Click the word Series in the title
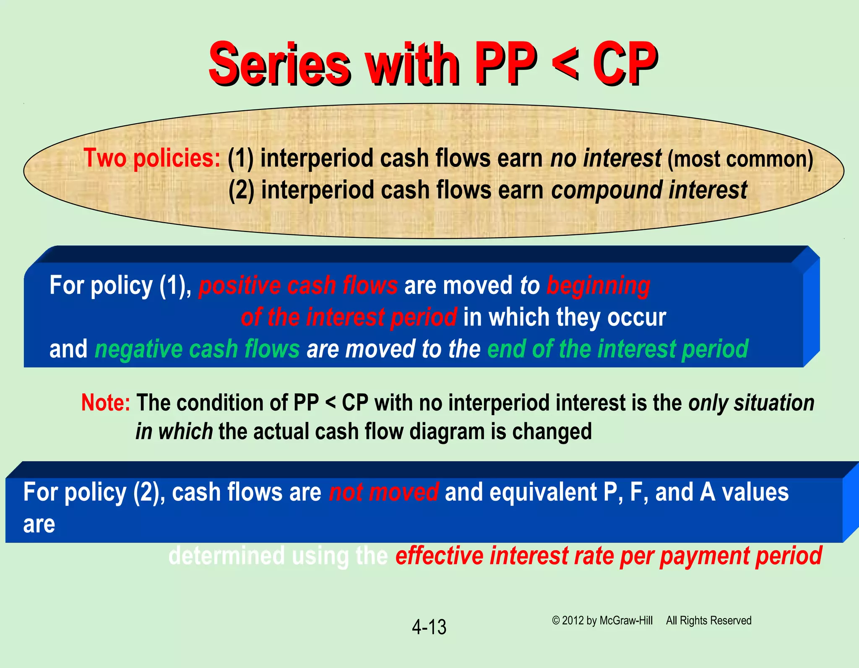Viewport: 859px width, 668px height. coord(279,63)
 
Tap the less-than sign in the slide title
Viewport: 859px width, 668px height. coord(564,63)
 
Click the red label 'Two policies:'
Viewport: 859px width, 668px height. coord(152,159)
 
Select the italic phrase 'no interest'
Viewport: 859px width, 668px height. coord(606,159)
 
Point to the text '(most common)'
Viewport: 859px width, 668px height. coord(740,159)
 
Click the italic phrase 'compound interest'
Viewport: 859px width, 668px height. coord(649,190)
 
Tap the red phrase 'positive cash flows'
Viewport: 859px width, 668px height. coord(298,286)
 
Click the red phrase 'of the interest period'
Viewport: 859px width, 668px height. coord(349,317)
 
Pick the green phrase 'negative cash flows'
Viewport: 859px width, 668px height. coord(197,349)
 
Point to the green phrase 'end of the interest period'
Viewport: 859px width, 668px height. coord(617,349)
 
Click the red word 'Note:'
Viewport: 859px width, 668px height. coord(106,403)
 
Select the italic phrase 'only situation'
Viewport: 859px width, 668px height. coord(751,403)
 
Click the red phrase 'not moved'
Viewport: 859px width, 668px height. coord(384,492)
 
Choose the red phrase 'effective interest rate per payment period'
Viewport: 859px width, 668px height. coord(608,556)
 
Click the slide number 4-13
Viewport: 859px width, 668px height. coord(429,627)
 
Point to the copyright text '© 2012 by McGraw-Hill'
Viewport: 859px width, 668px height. coord(602,621)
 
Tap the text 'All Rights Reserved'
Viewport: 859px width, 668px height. coord(708,621)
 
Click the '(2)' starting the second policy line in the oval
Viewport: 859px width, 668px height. coord(241,190)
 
